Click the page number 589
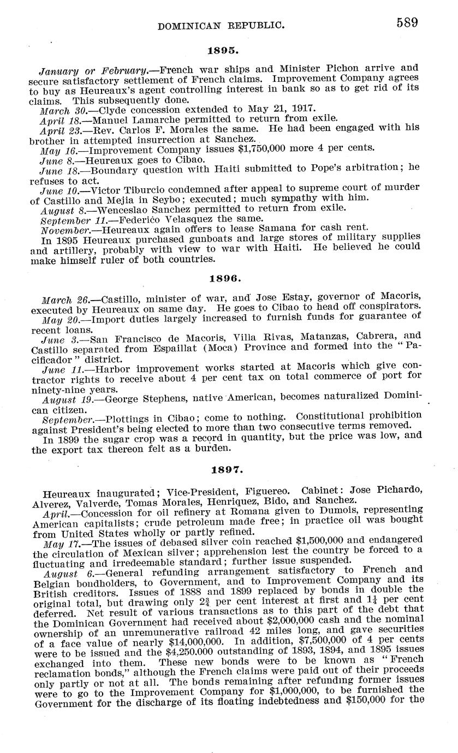[x=408, y=22]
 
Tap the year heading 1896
[x=225, y=278]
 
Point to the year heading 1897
[x=225, y=469]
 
